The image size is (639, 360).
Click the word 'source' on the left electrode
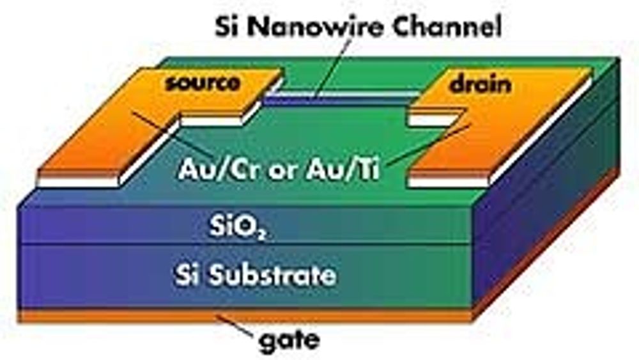click(x=203, y=82)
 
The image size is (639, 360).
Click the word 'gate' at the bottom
click(x=288, y=340)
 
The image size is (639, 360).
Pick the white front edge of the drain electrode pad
click(x=447, y=181)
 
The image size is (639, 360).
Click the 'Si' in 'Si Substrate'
click(x=185, y=276)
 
